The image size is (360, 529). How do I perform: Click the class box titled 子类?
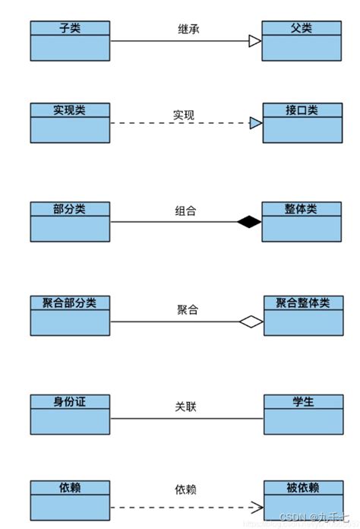[70, 41]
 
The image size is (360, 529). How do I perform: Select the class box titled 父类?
[301, 41]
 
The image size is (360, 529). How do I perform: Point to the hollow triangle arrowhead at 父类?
[254, 41]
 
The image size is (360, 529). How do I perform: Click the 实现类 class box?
[70, 122]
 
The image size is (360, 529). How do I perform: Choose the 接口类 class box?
[301, 122]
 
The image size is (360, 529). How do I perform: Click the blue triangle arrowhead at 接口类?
[255, 122]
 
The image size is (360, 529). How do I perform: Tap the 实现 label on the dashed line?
[184, 116]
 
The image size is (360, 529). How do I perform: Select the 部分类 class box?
[70, 221]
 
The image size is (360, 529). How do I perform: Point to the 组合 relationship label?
[185, 211]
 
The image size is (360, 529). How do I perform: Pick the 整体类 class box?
[301, 221]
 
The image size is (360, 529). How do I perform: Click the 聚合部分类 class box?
[70, 315]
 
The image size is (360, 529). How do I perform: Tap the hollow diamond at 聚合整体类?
[251, 322]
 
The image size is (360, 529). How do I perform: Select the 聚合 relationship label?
[188, 310]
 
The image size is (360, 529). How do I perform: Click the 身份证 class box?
[70, 413]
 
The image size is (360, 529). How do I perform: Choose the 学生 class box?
[302, 413]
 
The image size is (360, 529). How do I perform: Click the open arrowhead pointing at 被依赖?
[257, 507]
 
